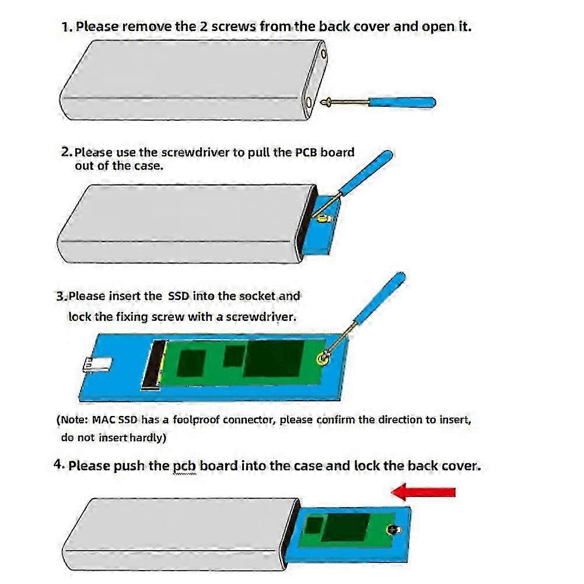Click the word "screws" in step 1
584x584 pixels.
226,27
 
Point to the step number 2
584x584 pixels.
65,152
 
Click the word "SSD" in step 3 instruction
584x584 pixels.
179,296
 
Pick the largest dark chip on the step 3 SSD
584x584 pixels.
273,358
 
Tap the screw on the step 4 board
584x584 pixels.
391,529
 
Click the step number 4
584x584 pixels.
58,465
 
